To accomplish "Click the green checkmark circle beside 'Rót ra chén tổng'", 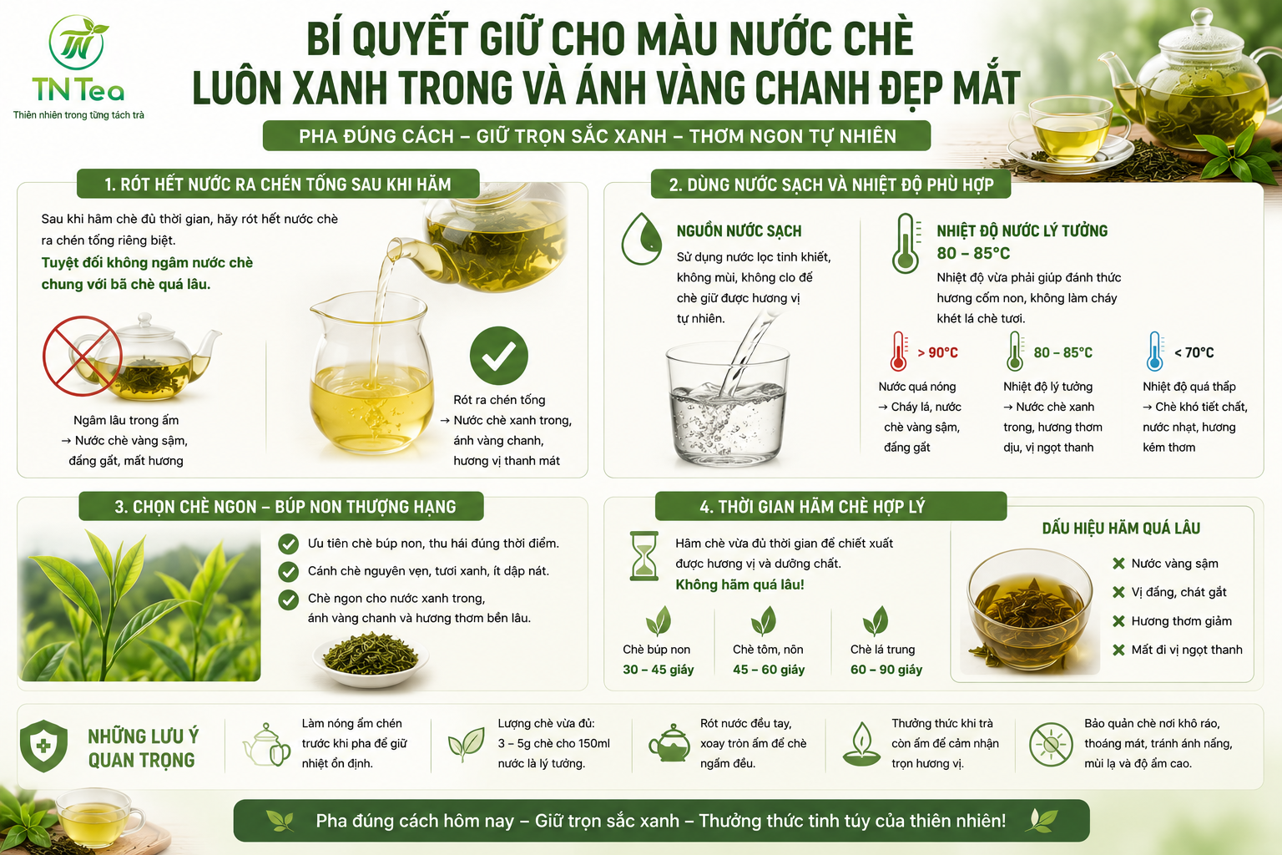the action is [498, 356].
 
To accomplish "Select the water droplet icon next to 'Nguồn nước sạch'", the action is [642, 239].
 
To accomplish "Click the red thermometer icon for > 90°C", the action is [899, 351].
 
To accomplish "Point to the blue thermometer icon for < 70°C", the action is [1155, 351].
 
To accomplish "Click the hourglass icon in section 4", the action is [644, 555].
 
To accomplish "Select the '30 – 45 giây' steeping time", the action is [659, 670].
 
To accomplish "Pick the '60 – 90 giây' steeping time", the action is [886, 670].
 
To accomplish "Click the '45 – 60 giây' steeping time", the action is [769, 670].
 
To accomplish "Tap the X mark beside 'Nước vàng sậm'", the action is [1118, 564].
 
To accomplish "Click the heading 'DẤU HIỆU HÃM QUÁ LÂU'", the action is [1121, 528].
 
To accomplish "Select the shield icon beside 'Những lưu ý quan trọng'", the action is [43, 746].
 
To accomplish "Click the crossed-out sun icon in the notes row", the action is [1050, 744].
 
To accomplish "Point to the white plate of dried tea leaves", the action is [371, 659].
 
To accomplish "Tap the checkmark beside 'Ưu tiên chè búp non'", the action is [288, 544].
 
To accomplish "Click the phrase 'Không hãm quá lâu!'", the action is [739, 584].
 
